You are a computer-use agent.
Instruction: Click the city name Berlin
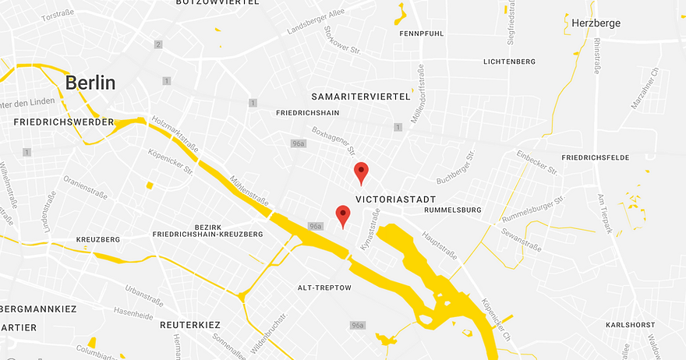pyautogui.click(x=90, y=83)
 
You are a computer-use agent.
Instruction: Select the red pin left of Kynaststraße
pyautogui.click(x=342, y=215)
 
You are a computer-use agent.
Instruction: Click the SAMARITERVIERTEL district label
pyautogui.click(x=360, y=97)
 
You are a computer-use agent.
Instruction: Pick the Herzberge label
pyautogui.click(x=596, y=23)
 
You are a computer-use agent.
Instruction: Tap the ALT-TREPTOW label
pyautogui.click(x=325, y=288)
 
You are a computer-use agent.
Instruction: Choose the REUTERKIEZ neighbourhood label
pyautogui.click(x=190, y=324)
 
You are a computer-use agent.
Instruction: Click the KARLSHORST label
pyautogui.click(x=631, y=324)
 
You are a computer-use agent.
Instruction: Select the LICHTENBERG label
pyautogui.click(x=510, y=61)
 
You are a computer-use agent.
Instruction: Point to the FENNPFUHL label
pyautogui.click(x=421, y=34)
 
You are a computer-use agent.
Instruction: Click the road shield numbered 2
pyautogui.click(x=158, y=44)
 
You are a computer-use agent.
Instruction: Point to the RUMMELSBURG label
pyautogui.click(x=453, y=210)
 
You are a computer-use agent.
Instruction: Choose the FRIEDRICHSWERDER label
pyautogui.click(x=64, y=122)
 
